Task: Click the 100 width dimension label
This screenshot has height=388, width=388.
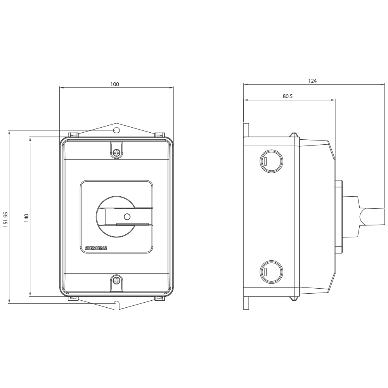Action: [x=114, y=84]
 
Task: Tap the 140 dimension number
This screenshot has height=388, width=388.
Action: [x=26, y=218]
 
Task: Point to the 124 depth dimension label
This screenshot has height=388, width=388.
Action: [x=312, y=81]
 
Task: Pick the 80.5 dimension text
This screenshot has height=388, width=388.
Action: [x=288, y=96]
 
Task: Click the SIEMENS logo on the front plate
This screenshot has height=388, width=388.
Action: [x=96, y=248]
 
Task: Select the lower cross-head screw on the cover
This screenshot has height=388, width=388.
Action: [x=116, y=281]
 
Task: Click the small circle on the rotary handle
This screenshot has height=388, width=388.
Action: [x=127, y=217]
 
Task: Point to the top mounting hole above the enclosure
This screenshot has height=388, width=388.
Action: [x=116, y=130]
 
